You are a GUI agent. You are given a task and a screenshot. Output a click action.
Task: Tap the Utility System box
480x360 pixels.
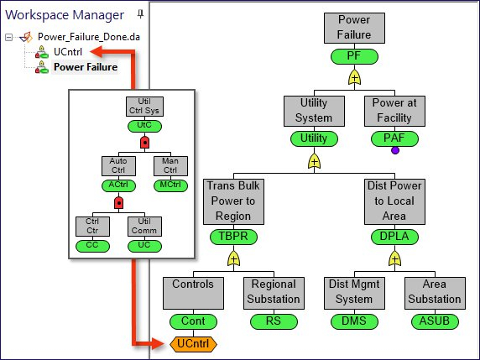pos(315,112)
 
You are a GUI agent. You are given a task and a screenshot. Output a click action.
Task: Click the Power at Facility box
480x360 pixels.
pos(394,112)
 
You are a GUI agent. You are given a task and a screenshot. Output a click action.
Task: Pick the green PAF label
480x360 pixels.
pos(394,138)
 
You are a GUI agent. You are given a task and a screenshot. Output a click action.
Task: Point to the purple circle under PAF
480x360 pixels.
pos(394,151)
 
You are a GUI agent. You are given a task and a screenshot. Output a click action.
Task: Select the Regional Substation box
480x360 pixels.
pos(274,291)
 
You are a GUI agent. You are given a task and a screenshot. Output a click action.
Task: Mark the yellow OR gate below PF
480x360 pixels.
pos(355,78)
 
